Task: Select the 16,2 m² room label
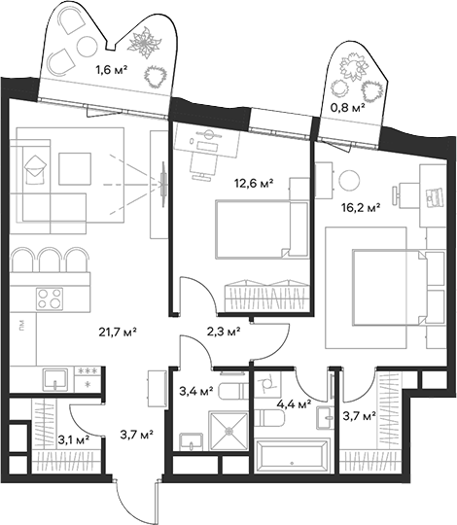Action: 359,207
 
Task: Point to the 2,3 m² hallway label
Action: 223,332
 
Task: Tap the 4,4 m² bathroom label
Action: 292,402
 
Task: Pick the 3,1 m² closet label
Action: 72,438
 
